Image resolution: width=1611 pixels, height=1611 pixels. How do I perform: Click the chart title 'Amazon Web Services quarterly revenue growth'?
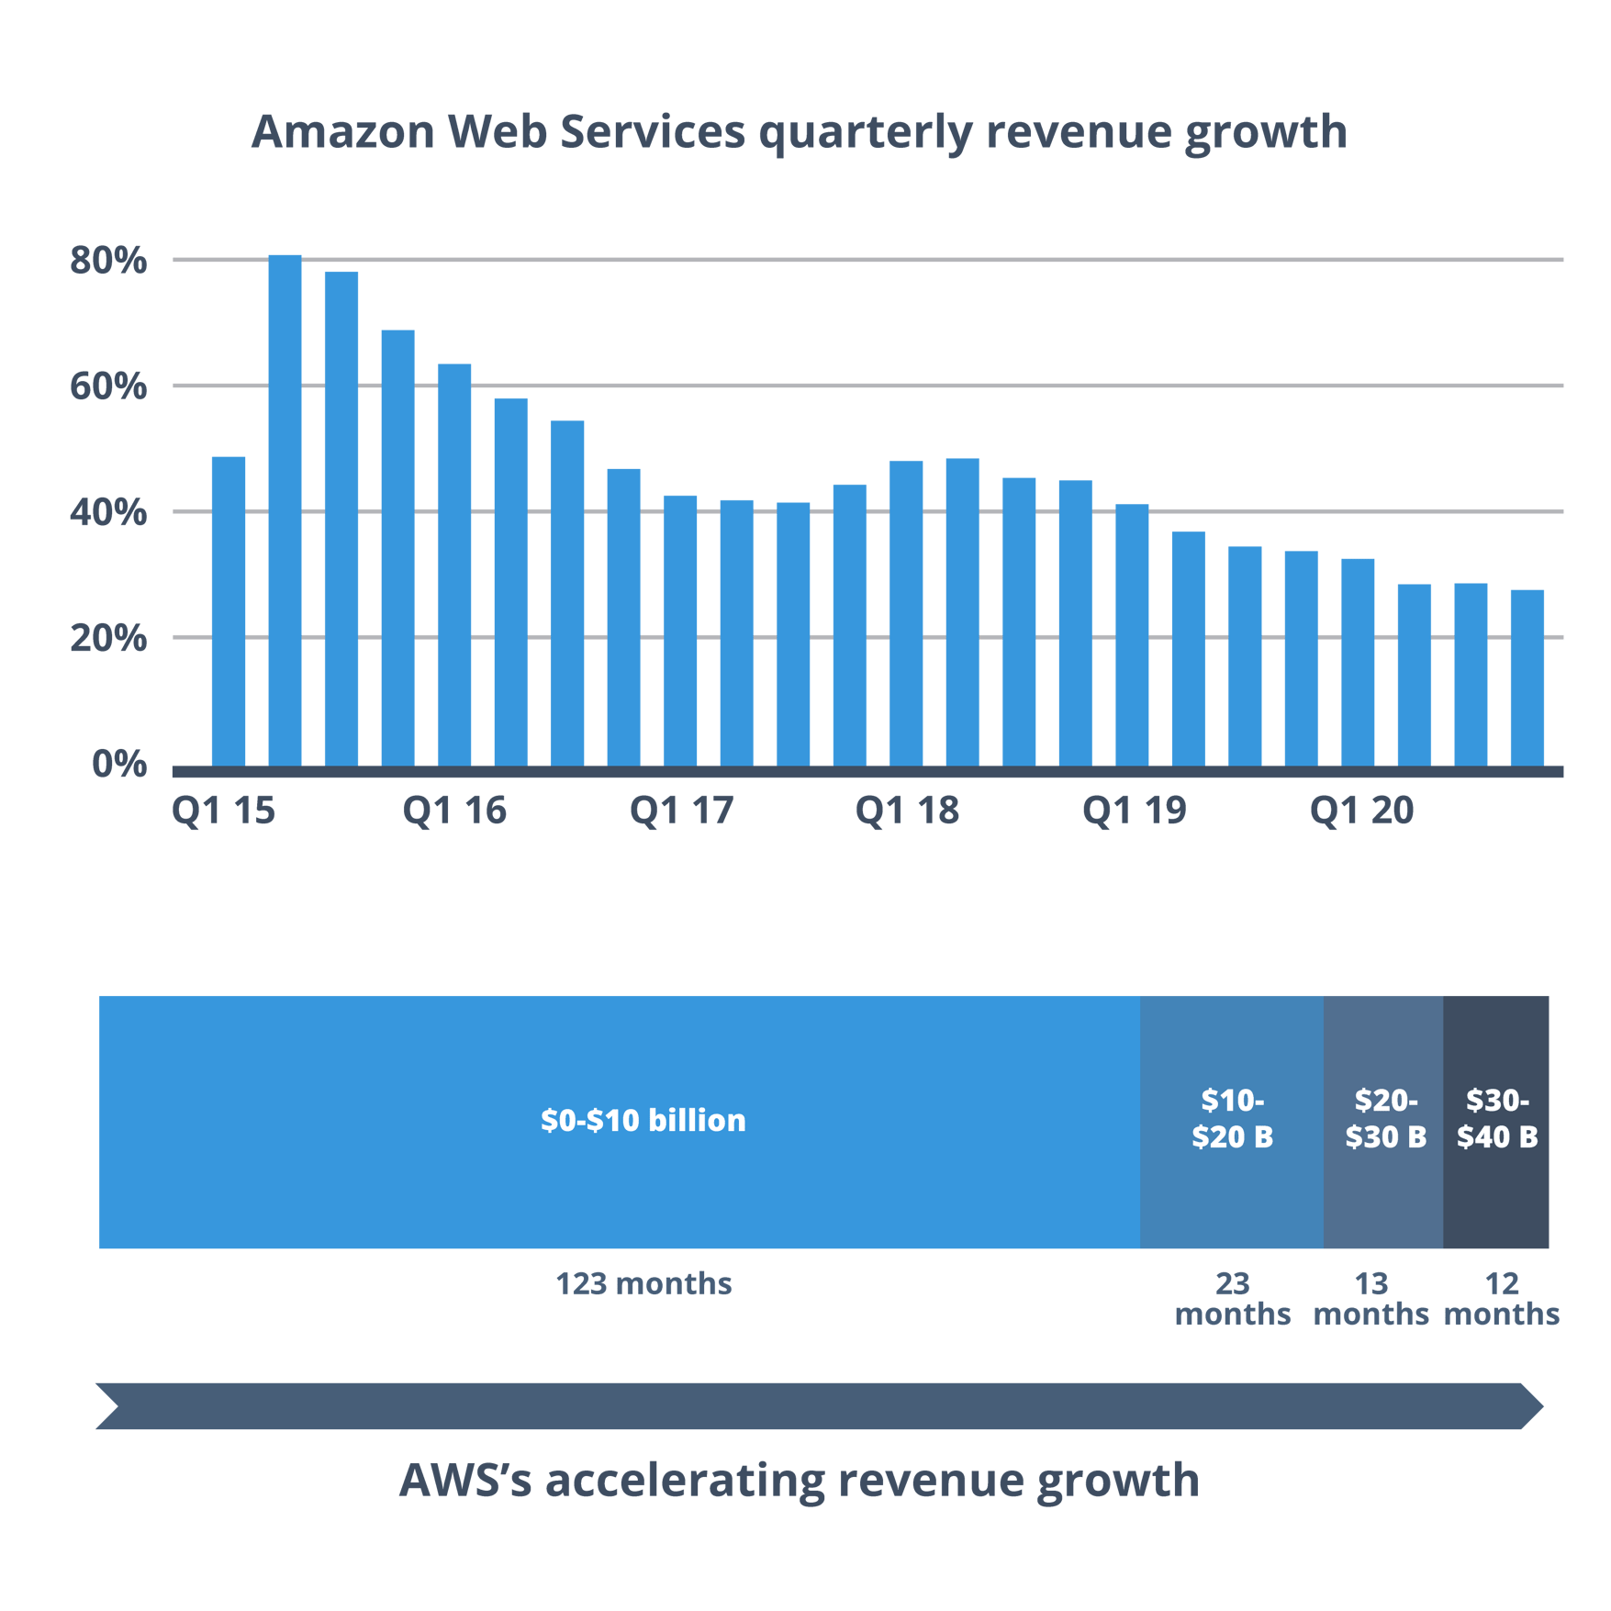tap(799, 131)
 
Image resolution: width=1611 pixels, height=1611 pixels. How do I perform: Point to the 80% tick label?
tap(108, 261)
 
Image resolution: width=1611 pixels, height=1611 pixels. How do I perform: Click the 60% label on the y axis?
tap(108, 386)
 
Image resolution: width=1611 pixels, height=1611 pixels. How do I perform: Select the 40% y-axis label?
tap(108, 512)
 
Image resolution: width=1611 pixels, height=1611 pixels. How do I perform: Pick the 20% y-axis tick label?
tap(108, 638)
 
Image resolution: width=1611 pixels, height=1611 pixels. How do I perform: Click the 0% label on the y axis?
tap(119, 764)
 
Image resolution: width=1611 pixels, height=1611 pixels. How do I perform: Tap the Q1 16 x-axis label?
tap(454, 811)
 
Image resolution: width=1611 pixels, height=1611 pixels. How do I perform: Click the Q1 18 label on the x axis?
tap(907, 811)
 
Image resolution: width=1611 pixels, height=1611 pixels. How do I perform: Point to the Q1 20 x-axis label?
tap(1361, 811)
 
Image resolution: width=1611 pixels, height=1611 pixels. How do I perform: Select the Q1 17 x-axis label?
tap(681, 811)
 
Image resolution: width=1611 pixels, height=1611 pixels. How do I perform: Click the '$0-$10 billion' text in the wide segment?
tap(643, 1120)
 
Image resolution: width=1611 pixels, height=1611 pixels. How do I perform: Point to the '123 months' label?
tap(643, 1283)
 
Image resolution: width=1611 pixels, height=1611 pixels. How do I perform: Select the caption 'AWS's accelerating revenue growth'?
tap(799, 1480)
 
